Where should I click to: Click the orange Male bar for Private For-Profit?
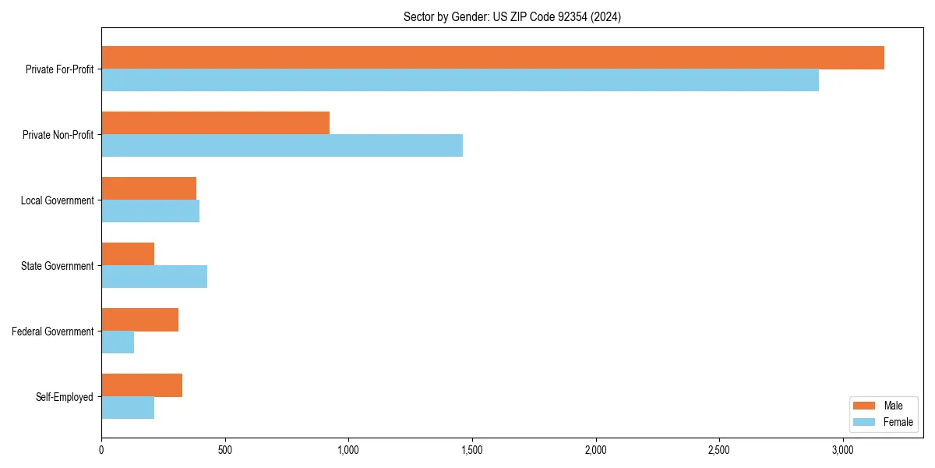[x=492, y=58]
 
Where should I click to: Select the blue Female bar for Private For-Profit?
[x=460, y=80]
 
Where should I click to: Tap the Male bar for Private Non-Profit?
[x=215, y=123]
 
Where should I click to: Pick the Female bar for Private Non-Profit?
[x=282, y=146]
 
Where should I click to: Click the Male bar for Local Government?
[x=149, y=189]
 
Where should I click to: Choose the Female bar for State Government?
[x=154, y=277]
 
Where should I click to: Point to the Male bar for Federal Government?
[x=139, y=320]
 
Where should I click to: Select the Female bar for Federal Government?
[x=118, y=342]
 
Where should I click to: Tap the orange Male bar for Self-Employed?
[x=142, y=385]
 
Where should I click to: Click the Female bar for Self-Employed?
[x=128, y=408]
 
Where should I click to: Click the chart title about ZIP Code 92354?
[x=512, y=16]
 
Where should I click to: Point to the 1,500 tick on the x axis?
[x=472, y=450]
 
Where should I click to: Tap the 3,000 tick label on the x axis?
[x=842, y=450]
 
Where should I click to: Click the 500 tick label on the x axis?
[x=224, y=450]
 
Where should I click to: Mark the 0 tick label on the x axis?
[x=101, y=450]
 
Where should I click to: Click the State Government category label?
[x=57, y=266]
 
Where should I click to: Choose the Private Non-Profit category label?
[x=58, y=135]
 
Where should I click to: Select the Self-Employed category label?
[x=64, y=397]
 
